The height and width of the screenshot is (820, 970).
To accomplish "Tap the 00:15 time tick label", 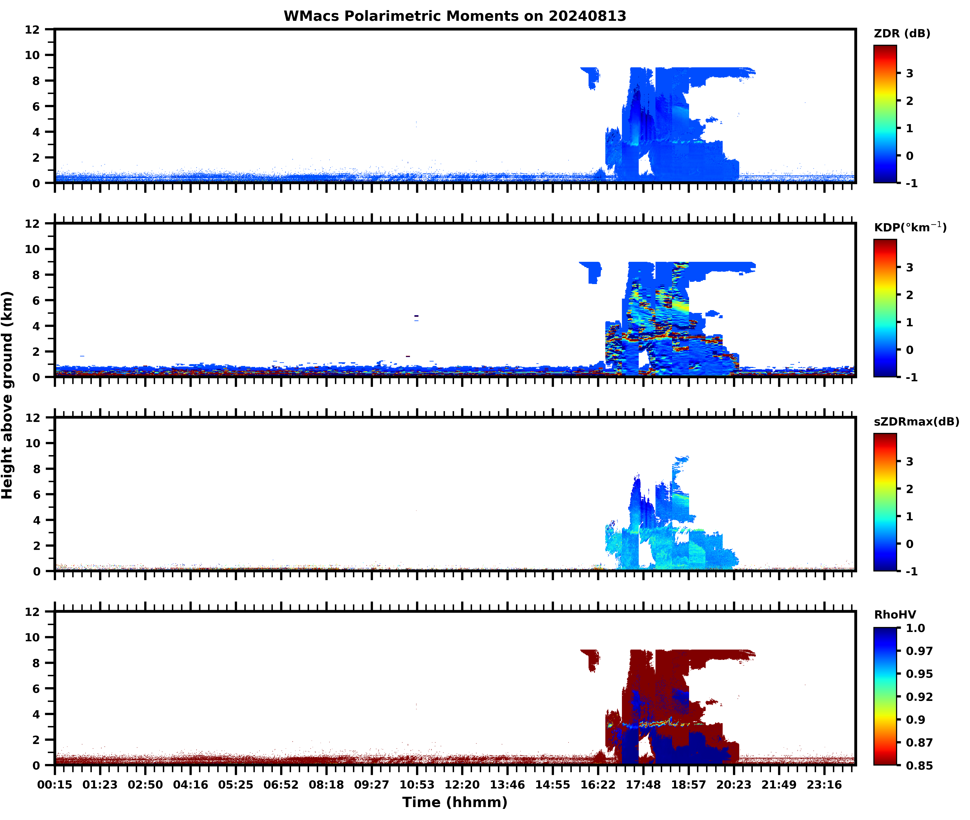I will [x=55, y=785].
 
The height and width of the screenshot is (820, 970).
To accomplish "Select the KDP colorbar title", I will [x=910, y=227].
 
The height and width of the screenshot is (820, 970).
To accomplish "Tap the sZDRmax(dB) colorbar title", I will [x=916, y=422].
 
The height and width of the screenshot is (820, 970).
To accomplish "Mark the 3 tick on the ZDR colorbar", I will [x=910, y=73].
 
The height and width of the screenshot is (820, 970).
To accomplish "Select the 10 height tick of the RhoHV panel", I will [x=33, y=637].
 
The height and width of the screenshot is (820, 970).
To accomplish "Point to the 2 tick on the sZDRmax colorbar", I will [x=910, y=489].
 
